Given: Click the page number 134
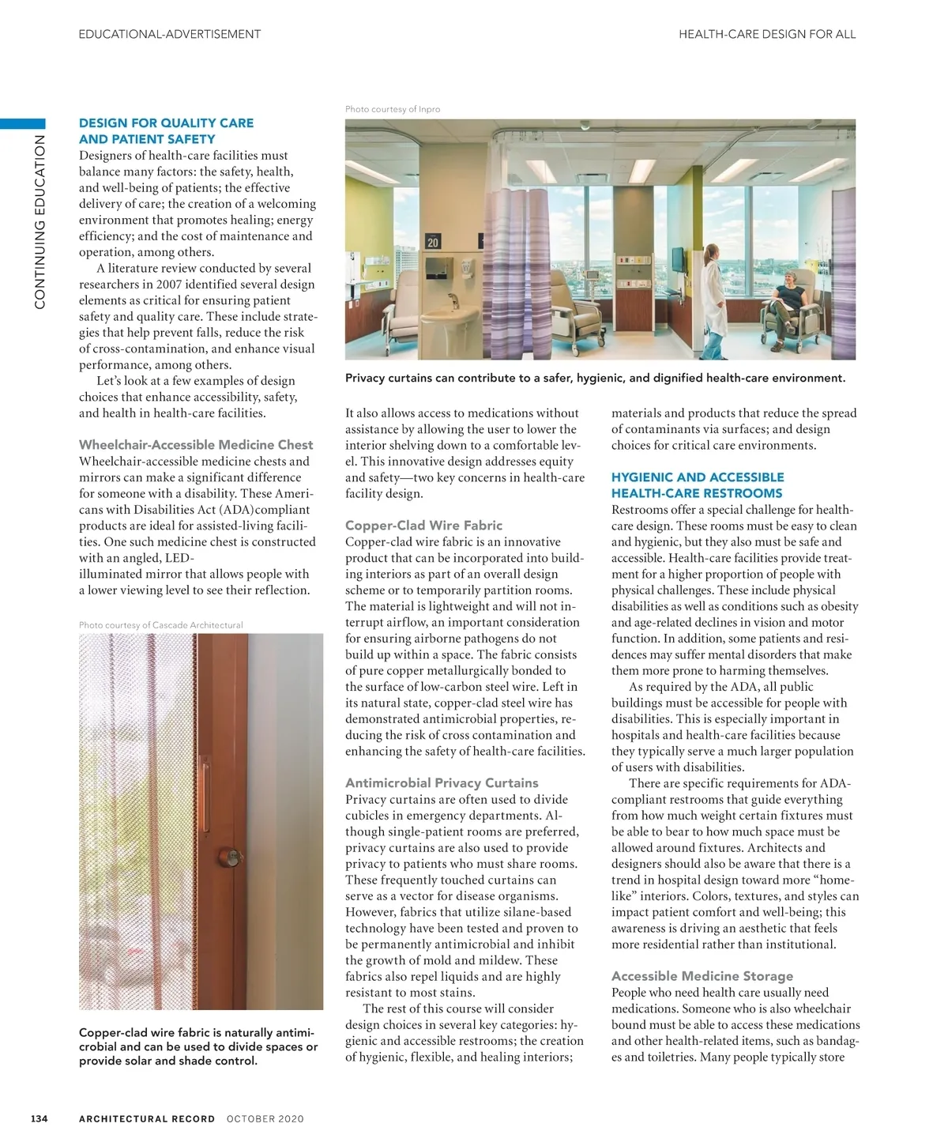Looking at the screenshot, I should tap(39, 1118).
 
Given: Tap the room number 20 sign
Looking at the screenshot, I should tap(433, 242).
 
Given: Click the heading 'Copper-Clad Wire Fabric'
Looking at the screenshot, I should tap(423, 526).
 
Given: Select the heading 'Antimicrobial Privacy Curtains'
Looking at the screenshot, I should tap(442, 782).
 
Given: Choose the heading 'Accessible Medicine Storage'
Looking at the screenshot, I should tap(702, 976).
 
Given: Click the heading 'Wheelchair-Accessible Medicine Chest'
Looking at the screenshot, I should tap(196, 445).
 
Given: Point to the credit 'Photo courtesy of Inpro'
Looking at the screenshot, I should tap(393, 109).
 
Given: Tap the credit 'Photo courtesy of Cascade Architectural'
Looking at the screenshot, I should tap(161, 625).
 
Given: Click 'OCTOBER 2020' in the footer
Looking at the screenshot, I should tap(265, 1118).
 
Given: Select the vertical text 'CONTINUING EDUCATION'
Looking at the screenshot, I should tap(39, 221).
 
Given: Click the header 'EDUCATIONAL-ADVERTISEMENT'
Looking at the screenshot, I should tap(170, 34).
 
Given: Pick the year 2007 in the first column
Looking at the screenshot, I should tap(169, 285).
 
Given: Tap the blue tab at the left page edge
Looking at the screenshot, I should tap(23, 123).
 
